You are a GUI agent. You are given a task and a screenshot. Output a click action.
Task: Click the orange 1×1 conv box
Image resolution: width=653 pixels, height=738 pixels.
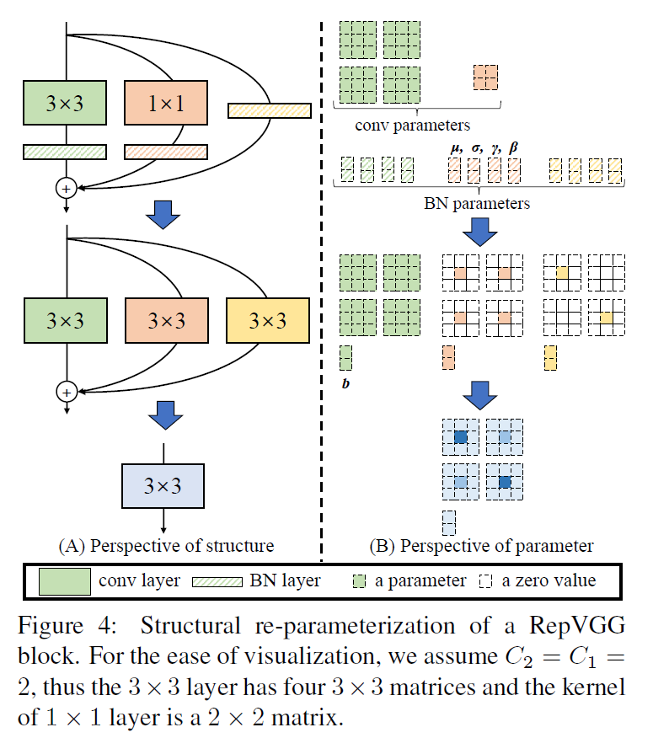tap(166, 104)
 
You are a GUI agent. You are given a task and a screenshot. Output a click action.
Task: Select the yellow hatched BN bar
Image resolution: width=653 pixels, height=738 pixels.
tap(270, 110)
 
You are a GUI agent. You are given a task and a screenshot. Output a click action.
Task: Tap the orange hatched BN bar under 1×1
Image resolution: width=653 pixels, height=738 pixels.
tap(166, 152)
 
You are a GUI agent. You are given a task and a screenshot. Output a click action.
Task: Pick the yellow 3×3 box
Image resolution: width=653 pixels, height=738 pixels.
tap(268, 320)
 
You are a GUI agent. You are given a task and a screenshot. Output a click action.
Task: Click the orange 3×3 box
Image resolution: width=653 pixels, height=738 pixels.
tap(166, 320)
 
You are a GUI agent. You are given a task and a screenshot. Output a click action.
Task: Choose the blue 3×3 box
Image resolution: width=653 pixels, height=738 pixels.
tap(163, 485)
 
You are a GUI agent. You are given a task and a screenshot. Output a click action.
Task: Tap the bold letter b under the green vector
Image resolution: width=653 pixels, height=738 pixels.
tap(345, 384)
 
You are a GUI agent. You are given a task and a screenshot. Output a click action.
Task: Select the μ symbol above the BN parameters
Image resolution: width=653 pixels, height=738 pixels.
tap(457, 148)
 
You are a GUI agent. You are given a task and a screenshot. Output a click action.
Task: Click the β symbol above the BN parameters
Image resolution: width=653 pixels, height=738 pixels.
tap(514, 148)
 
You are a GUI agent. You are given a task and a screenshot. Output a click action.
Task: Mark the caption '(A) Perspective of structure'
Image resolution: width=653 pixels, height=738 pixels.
tap(166, 545)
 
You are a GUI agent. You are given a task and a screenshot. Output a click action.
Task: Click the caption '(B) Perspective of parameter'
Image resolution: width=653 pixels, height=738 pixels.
tap(481, 545)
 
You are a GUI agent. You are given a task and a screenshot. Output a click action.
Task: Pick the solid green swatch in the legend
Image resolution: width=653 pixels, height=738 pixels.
tap(65, 580)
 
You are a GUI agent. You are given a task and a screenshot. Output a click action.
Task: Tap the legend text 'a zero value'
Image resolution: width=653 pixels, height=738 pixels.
tap(549, 580)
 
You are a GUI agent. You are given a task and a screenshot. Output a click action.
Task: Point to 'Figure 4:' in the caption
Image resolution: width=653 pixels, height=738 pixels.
tap(70, 627)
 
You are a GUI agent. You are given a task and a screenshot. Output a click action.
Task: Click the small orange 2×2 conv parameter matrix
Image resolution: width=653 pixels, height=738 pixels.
tap(485, 78)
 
